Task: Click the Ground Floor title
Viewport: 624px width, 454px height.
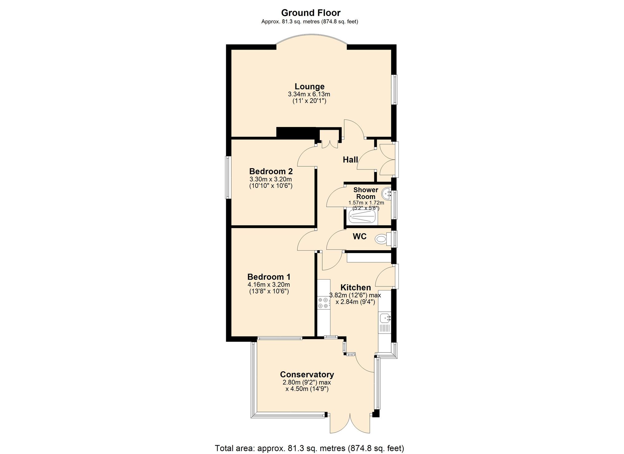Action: (311, 13)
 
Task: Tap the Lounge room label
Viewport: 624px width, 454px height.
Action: (310, 86)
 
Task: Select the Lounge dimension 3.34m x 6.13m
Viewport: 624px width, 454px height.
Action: (309, 94)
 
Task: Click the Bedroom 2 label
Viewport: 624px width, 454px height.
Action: (271, 171)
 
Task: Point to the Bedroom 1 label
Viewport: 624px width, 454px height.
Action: (269, 277)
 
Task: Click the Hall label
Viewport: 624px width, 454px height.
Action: (350, 160)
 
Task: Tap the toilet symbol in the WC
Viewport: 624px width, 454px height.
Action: (381, 240)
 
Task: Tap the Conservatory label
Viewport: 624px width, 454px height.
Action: (307, 374)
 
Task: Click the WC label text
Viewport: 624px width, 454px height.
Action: (359, 237)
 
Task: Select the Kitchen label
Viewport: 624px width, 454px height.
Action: (355, 287)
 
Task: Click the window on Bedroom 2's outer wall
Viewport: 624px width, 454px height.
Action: (228, 177)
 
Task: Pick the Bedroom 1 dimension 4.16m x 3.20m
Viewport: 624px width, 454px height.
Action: (269, 285)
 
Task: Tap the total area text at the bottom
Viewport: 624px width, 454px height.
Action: (309, 448)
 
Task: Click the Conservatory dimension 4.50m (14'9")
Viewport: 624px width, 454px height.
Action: (307, 389)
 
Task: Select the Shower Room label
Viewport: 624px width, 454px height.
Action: (366, 193)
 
